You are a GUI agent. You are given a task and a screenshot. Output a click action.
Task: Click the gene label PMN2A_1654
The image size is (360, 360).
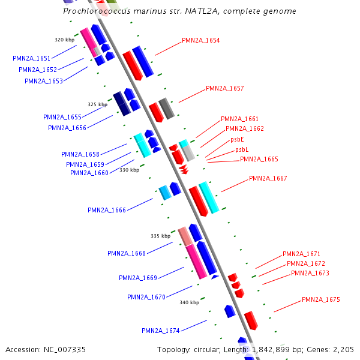pos(201,41)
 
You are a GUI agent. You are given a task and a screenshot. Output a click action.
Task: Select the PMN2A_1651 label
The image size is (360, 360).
pos(32,59)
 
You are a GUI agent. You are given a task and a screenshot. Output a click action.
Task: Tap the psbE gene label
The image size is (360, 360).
pos(237,139)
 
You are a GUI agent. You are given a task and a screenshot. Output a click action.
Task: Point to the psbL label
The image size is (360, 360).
pos(242,149)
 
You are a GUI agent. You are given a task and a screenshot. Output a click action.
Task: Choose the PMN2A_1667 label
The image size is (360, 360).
pos(268,178)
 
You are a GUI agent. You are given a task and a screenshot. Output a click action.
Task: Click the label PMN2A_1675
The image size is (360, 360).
pos(321,299)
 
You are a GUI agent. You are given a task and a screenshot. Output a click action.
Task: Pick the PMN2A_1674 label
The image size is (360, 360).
pos(161,331)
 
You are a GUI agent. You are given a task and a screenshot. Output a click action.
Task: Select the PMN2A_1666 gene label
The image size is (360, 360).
pos(107,210)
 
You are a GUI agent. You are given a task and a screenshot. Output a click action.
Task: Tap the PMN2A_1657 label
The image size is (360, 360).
pos(225,88)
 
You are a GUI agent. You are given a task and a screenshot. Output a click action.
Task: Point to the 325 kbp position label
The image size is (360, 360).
pos(97,104)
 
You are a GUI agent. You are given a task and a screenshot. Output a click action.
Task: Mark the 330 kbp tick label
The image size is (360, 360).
pos(129,170)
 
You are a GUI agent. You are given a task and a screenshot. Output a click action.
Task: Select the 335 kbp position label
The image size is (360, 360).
pos(160,236)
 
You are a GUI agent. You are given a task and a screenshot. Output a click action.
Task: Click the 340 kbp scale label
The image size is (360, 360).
pos(189,302)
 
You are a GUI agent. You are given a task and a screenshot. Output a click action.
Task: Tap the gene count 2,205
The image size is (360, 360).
pos(343,349)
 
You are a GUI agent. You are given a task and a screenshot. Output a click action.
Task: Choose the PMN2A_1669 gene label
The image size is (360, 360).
pos(138,278)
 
